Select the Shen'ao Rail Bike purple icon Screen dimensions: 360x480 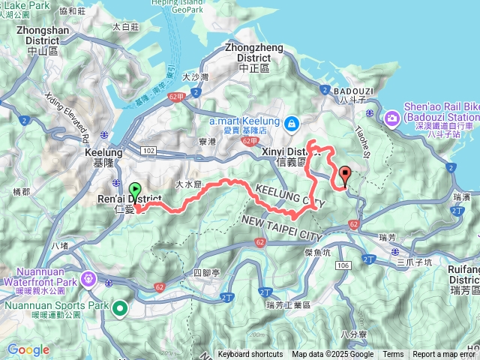coord(392,118)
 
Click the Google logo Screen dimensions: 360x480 coord(28,349)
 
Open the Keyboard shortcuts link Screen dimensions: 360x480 coord(250,355)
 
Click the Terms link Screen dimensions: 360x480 coord(393,355)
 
